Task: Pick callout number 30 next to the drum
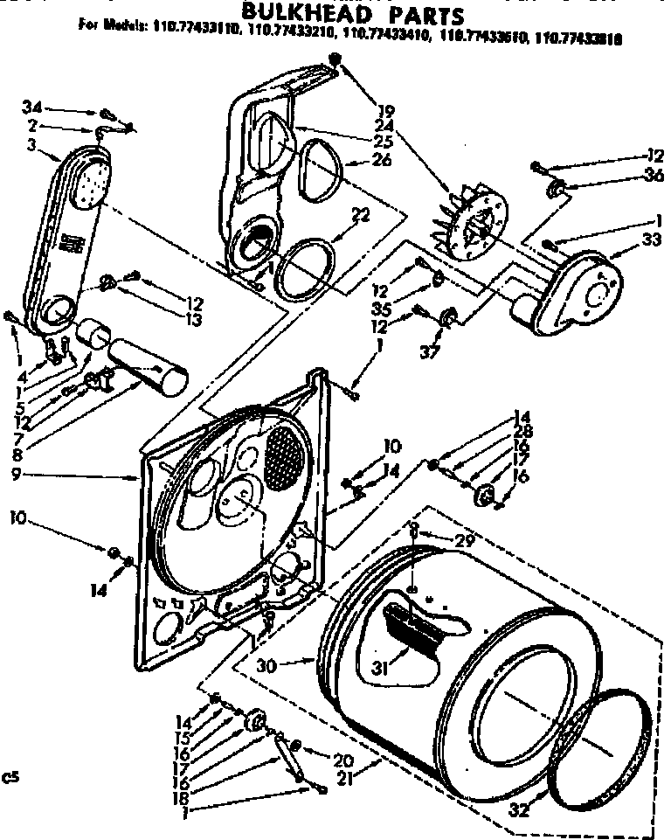click(267, 664)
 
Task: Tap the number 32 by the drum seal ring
click(519, 809)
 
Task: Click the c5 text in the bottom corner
click(10, 774)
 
